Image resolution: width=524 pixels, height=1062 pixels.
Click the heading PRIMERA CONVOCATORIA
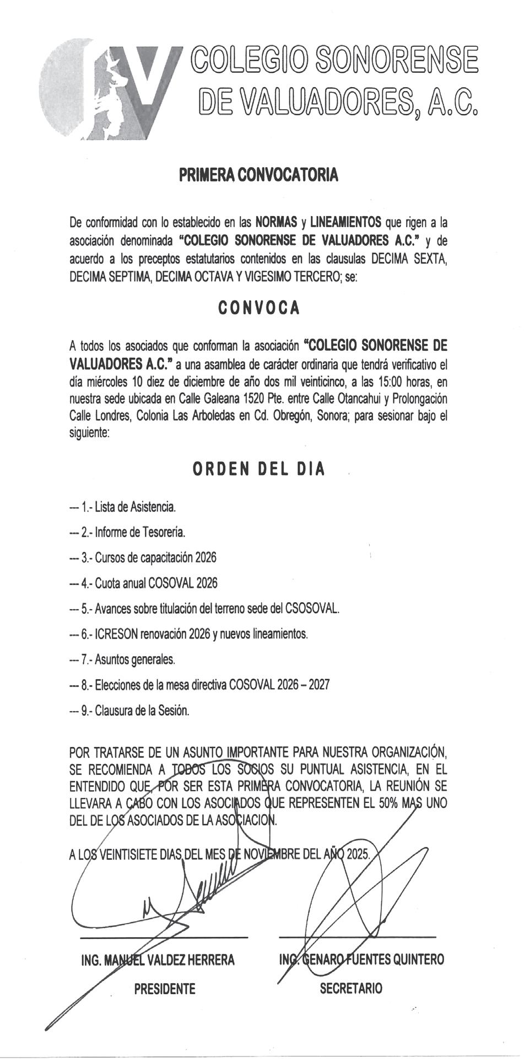[x=258, y=175]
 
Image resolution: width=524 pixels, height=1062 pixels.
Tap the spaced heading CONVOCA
[x=259, y=308]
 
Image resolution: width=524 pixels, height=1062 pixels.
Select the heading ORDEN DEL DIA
[x=258, y=469]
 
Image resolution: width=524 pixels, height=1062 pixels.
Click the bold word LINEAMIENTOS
[x=346, y=223]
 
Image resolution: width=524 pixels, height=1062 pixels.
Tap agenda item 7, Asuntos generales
[x=128, y=659]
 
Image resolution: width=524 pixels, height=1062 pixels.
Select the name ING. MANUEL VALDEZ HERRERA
[x=158, y=960]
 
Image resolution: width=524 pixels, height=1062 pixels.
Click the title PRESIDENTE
[x=165, y=989]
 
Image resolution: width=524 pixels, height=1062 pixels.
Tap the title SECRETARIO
[x=351, y=989]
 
